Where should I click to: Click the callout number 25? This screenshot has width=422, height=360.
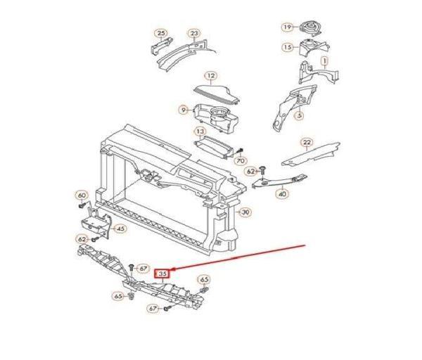(160, 34)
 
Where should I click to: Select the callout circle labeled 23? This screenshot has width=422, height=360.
(194, 34)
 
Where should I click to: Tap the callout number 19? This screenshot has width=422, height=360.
(288, 27)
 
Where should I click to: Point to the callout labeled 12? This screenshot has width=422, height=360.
(211, 76)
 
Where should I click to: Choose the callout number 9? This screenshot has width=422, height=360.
(184, 110)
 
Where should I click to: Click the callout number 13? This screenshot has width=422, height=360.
(200, 131)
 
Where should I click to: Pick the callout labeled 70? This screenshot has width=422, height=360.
(241, 161)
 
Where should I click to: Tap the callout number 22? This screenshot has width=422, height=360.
(307, 143)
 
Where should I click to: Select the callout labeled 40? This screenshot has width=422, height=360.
(283, 194)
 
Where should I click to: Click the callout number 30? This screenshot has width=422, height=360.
(245, 212)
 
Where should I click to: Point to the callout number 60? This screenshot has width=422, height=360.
(82, 195)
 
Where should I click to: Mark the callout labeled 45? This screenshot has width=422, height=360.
(120, 229)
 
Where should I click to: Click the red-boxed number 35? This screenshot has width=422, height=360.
(162, 274)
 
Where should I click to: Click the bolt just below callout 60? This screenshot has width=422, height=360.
(82, 205)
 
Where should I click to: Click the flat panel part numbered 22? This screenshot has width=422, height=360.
(311, 154)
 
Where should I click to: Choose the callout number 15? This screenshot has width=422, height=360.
(288, 47)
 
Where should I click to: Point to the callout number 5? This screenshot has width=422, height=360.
(300, 116)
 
